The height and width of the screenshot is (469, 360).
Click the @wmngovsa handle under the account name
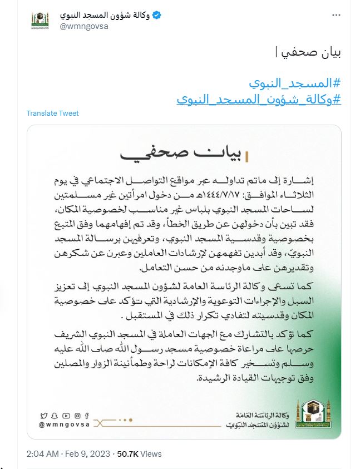[83, 26]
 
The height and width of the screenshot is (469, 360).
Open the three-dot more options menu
[336, 15]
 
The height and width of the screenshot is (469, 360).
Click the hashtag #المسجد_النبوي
[294, 84]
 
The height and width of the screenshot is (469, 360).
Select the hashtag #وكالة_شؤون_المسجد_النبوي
[259, 100]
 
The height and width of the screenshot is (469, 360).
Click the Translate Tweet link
[53, 113]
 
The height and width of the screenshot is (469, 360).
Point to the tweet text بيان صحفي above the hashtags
[309, 54]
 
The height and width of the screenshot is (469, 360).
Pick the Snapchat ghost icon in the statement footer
[55, 415]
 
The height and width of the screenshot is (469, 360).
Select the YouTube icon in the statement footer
[66, 415]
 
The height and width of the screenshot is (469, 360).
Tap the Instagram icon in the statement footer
[77, 415]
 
